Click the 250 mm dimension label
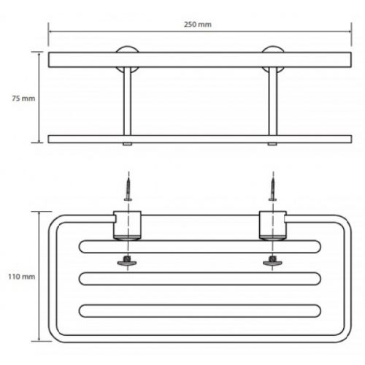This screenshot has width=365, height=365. click(198, 25)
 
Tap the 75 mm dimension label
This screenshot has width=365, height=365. click(23, 99)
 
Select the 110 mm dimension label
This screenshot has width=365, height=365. click(22, 277)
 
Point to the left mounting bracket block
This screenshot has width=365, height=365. click(127, 225)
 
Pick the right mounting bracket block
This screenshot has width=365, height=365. click(273, 225)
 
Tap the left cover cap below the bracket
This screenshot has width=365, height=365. click(127, 261)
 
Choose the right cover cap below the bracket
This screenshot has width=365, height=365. click(272, 261)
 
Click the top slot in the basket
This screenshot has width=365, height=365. click(200, 247)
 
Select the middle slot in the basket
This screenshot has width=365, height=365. click(200, 279)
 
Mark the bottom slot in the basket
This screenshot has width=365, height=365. click(200, 311)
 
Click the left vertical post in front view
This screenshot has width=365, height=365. click(127, 101)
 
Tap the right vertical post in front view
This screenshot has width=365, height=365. click(272, 101)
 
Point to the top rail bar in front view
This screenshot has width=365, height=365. click(200, 60)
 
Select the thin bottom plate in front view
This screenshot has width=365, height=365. click(200, 139)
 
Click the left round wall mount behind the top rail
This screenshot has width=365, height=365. click(127, 49)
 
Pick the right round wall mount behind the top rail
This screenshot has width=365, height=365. click(273, 49)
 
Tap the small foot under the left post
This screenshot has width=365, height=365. click(127, 145)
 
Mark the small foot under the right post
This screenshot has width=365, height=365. click(272, 145)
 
